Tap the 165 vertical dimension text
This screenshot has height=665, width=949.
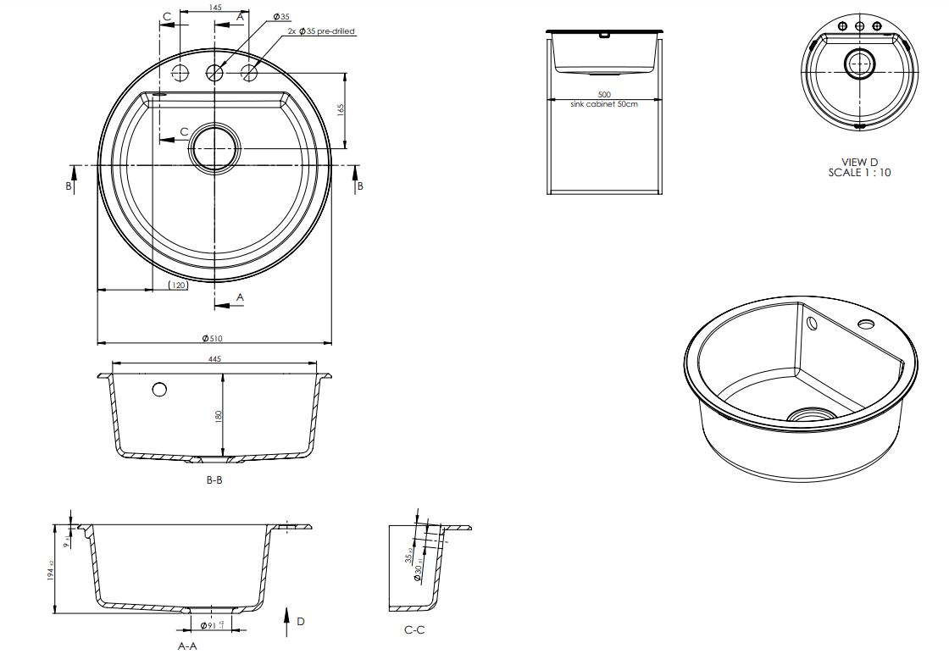(341, 111)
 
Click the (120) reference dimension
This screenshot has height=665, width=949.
(178, 285)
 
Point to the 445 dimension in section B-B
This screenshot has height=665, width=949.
(214, 359)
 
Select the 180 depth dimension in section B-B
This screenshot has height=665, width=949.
(219, 416)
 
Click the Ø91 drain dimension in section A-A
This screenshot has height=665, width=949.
(208, 625)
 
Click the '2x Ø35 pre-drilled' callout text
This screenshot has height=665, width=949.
(321, 31)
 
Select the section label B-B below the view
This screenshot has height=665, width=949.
(214, 480)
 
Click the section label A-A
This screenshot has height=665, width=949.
(186, 646)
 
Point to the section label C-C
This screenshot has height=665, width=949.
(414, 630)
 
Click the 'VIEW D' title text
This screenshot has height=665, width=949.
(859, 162)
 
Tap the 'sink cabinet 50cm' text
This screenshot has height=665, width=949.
(603, 103)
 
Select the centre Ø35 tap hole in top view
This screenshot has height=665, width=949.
(214, 73)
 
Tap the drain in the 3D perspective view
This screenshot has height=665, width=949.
(811, 414)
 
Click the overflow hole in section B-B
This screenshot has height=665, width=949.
(159, 389)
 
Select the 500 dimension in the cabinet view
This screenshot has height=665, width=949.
(603, 94)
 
